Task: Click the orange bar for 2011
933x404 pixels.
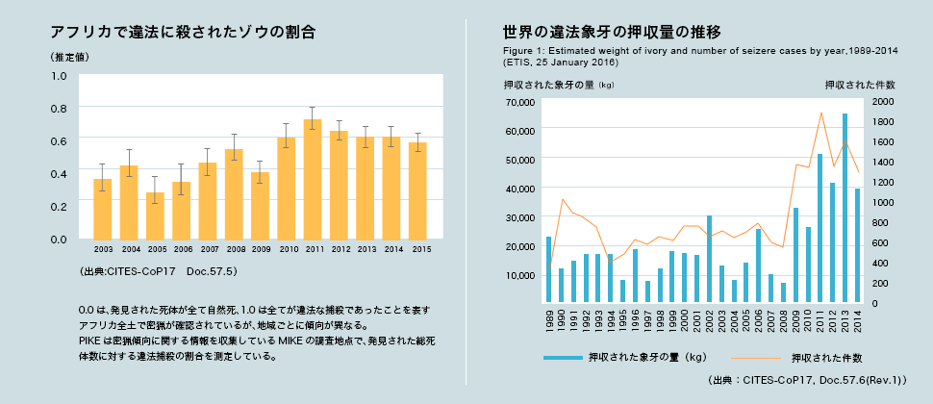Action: coord(313,179)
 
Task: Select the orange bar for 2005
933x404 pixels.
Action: coord(155,215)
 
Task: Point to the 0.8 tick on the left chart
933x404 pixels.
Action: coord(59,108)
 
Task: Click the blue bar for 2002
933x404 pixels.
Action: coord(709,260)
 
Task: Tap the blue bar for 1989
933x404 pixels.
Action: coord(548,270)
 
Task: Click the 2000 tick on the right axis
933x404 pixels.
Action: coord(884,101)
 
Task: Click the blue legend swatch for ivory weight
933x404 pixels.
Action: coord(562,358)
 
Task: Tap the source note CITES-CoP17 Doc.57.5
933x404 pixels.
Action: coord(159,273)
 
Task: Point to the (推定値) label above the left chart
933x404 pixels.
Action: coord(69,57)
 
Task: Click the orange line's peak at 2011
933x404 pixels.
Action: coord(821,114)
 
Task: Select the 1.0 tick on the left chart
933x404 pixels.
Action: coord(59,75)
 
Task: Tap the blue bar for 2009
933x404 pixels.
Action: coord(795,256)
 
